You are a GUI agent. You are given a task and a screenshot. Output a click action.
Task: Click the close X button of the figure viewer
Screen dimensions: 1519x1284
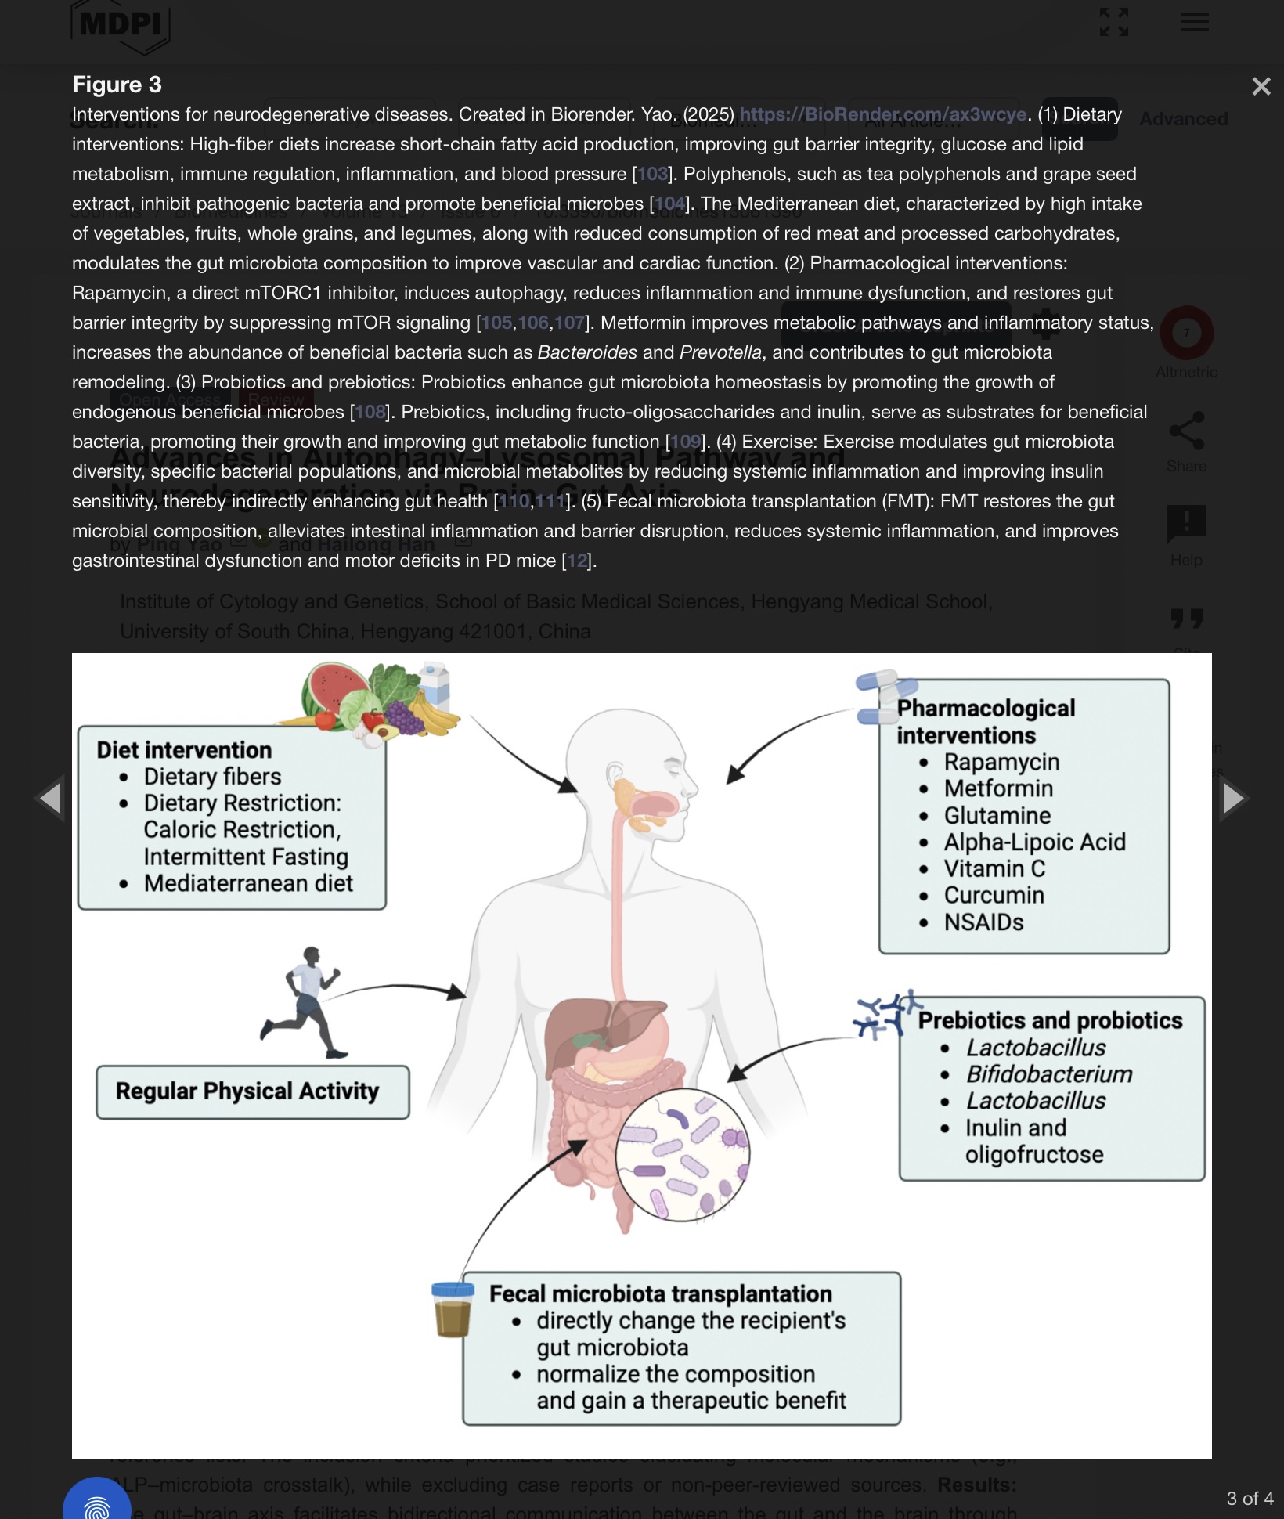(x=1261, y=86)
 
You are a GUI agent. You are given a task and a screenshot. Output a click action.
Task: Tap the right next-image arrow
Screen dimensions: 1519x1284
(x=1233, y=798)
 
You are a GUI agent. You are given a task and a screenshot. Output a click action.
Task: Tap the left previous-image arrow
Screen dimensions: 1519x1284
(x=50, y=798)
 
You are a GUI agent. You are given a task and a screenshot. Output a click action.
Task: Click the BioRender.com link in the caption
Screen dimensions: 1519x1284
(x=883, y=114)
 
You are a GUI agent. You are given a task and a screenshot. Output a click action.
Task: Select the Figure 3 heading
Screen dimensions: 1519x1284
(x=117, y=85)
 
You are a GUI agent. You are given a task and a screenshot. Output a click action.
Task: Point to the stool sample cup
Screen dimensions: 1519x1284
(x=453, y=1308)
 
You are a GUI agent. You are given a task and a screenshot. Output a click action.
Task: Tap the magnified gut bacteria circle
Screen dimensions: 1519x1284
(x=682, y=1154)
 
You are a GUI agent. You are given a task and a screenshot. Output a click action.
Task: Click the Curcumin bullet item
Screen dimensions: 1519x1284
(x=994, y=895)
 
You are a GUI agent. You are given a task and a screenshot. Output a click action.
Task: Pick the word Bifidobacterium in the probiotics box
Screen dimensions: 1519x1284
(x=1049, y=1074)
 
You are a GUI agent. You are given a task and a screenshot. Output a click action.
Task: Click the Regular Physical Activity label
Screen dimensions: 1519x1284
(x=247, y=1091)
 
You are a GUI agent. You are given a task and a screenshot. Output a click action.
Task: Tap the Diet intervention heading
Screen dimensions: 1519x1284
(x=184, y=750)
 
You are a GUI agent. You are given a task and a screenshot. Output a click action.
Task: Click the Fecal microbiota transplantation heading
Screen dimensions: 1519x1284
(x=661, y=1293)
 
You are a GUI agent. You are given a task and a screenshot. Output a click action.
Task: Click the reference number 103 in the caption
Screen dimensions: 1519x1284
(x=653, y=174)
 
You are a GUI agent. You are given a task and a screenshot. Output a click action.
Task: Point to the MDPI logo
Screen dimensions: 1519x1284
(x=121, y=25)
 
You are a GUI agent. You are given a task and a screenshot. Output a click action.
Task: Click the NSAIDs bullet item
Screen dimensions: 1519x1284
(x=983, y=922)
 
